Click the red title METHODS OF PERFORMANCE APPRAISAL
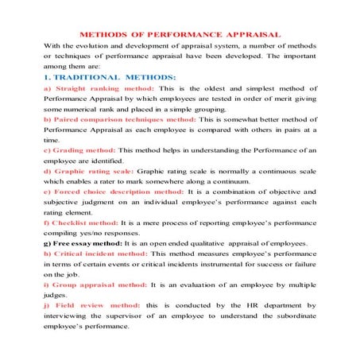180,37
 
